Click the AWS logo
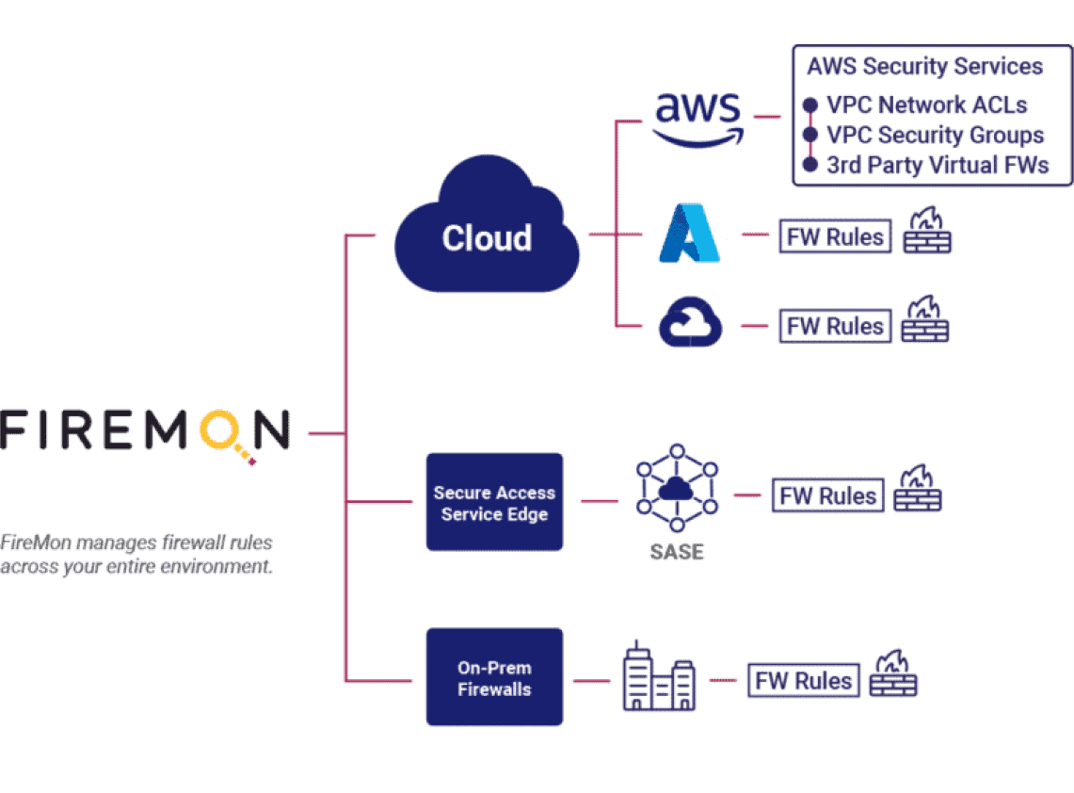click(x=698, y=121)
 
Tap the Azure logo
click(x=689, y=233)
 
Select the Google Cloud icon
click(x=690, y=321)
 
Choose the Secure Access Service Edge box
click(x=494, y=502)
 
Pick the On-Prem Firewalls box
click(x=494, y=677)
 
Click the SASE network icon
click(x=677, y=488)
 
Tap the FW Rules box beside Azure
click(x=835, y=236)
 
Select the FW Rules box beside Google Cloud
click(x=835, y=326)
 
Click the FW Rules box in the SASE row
click(x=827, y=495)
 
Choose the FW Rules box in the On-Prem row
click(x=804, y=681)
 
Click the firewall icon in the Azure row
click(x=927, y=231)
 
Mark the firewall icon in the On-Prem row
click(x=893, y=673)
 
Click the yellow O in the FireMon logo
click(x=219, y=429)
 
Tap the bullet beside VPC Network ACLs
click(x=810, y=105)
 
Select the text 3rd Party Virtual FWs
click(x=938, y=165)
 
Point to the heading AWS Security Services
click(x=924, y=67)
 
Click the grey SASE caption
click(x=677, y=552)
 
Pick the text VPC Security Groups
click(x=935, y=135)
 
